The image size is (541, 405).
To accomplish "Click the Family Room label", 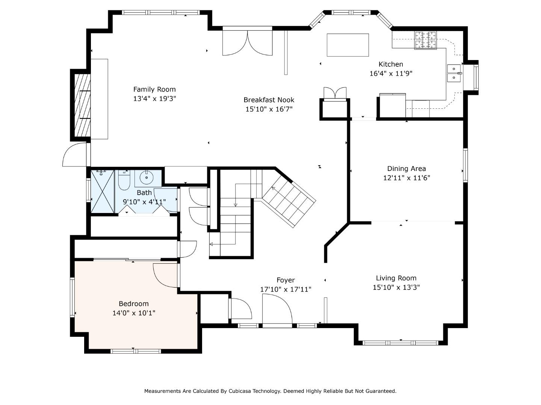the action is point(154,89).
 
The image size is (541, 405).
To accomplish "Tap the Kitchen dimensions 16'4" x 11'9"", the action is point(391,73).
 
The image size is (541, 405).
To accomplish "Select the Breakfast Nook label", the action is point(269,100).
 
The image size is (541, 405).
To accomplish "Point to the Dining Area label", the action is point(407,169).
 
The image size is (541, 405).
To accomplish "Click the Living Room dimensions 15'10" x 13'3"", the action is point(396,287).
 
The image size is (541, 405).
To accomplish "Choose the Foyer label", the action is point(286,280).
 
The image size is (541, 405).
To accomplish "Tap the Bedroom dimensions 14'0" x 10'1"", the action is point(134,313).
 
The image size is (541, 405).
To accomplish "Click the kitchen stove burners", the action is point(425,40).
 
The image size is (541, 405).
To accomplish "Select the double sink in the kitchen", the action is point(454,73).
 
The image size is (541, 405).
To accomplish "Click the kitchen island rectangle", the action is point(348,45).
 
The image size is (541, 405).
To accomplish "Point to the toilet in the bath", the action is point(124,180).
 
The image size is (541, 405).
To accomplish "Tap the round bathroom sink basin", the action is point(147,177).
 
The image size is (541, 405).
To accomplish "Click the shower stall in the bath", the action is point(103,191).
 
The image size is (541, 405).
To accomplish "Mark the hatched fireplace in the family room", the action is point(82,105).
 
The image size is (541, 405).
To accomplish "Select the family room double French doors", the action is point(248,42).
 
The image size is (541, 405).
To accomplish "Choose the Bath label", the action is point(144,192).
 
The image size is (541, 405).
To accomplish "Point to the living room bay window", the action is point(400,343).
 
